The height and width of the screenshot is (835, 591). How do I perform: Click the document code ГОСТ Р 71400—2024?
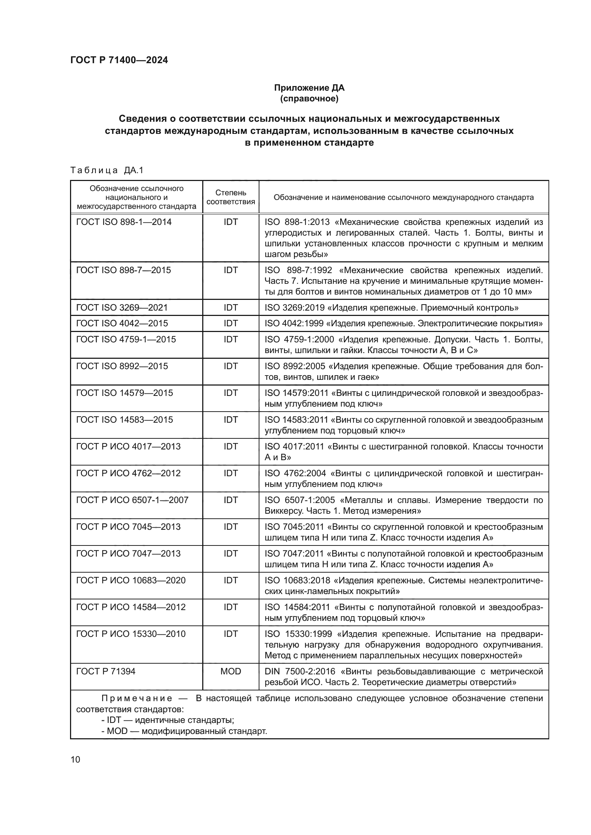point(119,60)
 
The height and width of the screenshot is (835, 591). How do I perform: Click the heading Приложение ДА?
point(309,88)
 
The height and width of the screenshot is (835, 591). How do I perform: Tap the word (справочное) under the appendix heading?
point(309,99)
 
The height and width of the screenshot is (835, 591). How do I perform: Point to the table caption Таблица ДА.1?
point(107,170)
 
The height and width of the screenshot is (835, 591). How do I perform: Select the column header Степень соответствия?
point(231,197)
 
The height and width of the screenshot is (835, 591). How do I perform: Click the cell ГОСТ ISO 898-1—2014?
point(124,222)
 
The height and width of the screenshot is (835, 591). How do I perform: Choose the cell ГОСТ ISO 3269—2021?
point(122,308)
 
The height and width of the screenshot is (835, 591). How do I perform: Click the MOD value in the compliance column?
point(231,671)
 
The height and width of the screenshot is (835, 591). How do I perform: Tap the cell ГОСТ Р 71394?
point(105,671)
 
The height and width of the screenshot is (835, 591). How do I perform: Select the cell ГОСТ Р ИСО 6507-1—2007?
point(132,500)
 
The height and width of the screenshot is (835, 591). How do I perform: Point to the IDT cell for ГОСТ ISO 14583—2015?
point(231,420)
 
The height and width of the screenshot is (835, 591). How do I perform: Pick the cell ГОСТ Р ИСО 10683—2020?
point(131,580)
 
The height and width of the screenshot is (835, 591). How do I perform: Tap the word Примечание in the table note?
point(137,698)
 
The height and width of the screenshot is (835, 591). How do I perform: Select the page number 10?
point(75,759)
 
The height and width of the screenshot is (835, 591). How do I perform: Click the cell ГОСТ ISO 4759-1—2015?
point(126,339)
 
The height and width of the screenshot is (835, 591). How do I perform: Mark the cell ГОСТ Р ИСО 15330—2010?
point(131,634)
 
